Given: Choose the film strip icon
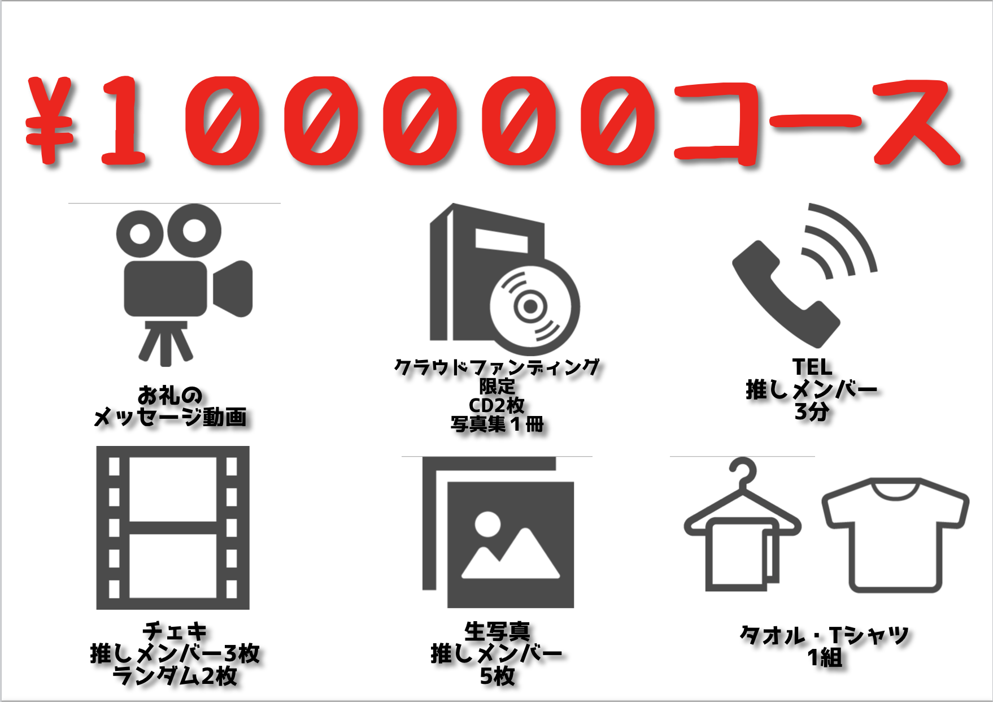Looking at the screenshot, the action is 173,528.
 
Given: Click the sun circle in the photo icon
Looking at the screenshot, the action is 487,524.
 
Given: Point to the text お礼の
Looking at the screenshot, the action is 170,395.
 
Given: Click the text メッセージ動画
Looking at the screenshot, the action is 170,417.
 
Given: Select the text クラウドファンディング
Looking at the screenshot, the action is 496,367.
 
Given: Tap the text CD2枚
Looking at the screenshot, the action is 496,405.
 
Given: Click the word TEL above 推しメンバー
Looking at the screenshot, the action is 812,367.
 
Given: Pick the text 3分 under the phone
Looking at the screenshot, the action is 812,411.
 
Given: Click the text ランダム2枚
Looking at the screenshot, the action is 175,676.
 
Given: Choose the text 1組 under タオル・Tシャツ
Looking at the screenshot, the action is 825,658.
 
